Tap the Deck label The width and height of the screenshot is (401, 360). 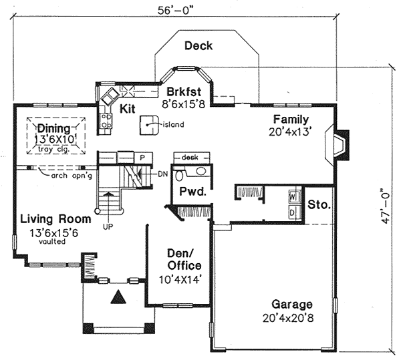[198, 46]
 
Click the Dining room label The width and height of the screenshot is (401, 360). [53, 128]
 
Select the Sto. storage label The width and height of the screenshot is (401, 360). [319, 204]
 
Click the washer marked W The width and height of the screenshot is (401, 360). [293, 198]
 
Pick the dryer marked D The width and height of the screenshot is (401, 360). [293, 212]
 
